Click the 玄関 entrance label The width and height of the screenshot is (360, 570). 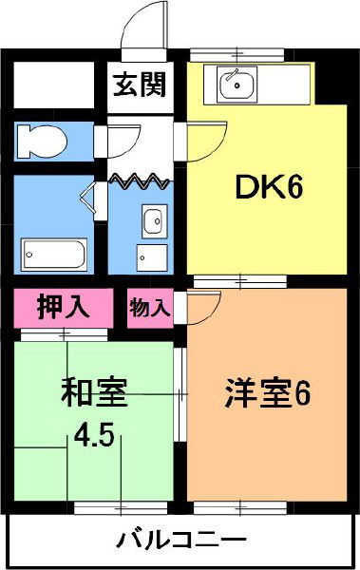[x=141, y=85]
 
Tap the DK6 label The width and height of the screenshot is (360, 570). [x=268, y=189]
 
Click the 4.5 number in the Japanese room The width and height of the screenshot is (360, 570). [x=95, y=438]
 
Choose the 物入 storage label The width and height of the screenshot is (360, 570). [x=149, y=308]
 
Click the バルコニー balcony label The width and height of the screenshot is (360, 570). [x=181, y=541]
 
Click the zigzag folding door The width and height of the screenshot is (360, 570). [x=138, y=178]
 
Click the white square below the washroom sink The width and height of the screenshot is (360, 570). [x=148, y=256]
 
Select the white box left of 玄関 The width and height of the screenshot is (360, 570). [x=53, y=86]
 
